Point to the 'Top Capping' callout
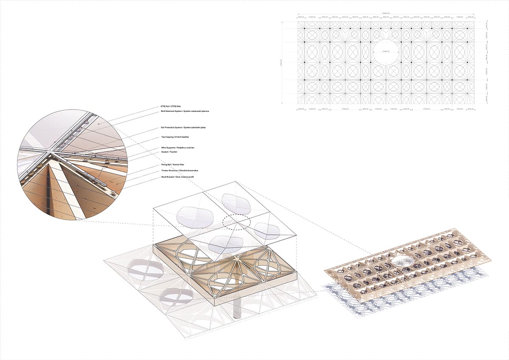pos(175,137)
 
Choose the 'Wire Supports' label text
pos(180,148)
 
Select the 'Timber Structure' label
pos(183,170)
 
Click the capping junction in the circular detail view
pos(50,151)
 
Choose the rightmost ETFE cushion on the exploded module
pos(267,230)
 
